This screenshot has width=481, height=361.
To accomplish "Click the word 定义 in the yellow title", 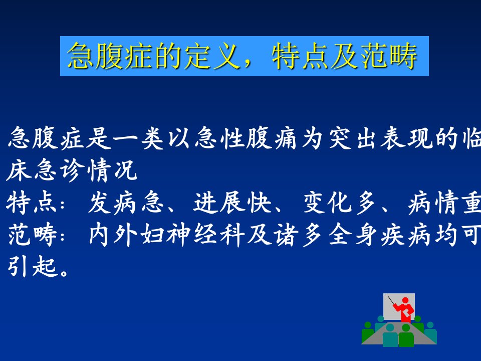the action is [x=211, y=56].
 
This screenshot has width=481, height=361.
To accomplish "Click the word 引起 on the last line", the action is [x=33, y=266].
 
